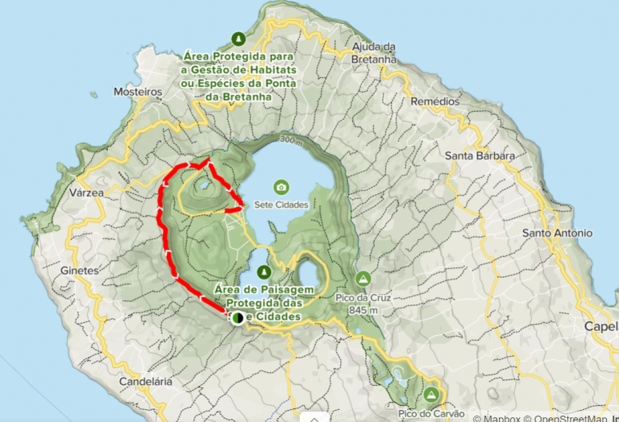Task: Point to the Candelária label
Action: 146,382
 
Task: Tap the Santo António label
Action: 557,234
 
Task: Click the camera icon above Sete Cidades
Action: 280,188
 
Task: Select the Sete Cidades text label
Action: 281,205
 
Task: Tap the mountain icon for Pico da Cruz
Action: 364,279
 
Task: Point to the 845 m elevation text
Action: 364,309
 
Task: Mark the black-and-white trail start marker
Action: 238,318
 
